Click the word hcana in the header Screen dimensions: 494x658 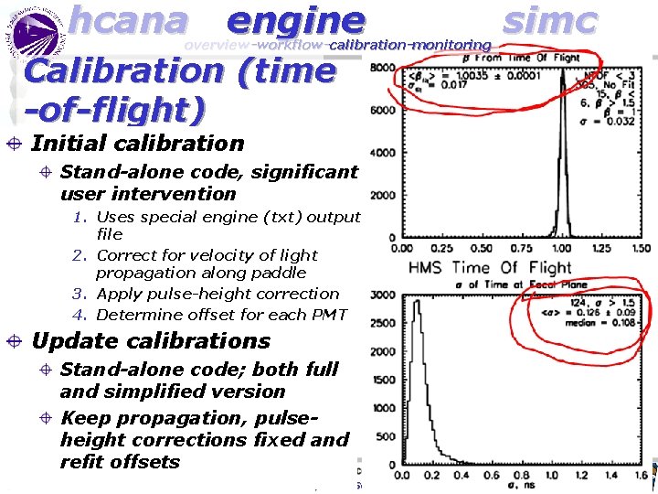point(128,19)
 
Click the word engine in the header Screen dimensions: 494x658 point(295,19)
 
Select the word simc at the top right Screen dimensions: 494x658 point(550,19)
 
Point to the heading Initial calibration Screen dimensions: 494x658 point(137,144)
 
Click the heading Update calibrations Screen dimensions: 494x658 point(151,341)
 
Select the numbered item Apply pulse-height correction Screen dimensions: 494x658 point(217,294)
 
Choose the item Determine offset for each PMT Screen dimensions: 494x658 point(221,315)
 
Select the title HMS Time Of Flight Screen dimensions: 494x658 point(490,268)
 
